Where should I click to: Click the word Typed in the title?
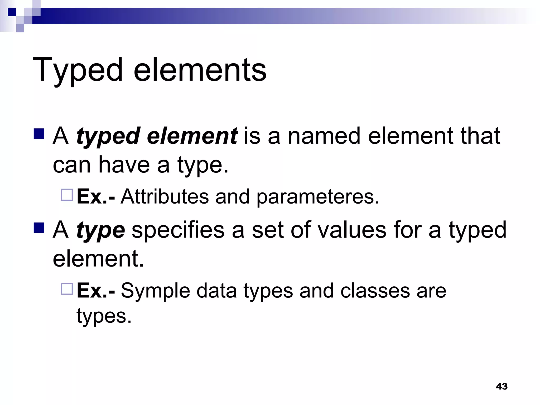[78, 70]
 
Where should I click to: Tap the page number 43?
[502, 387]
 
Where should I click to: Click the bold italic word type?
[100, 230]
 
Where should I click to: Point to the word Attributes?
[165, 196]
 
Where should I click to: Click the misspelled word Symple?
[155, 291]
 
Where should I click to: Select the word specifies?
[178, 230]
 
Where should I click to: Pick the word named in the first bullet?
[324, 136]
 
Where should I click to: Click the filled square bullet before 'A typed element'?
[39, 134]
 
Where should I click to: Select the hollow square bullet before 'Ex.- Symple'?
[67, 289]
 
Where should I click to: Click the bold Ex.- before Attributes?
[96, 196]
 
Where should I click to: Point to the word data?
[216, 291]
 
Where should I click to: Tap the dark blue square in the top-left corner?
[12, 12]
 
